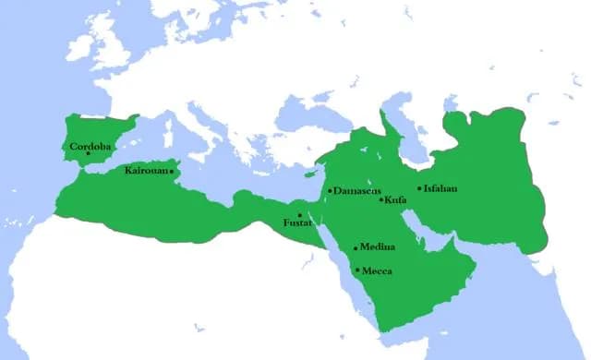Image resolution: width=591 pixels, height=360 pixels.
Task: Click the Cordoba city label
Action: pos(91,146)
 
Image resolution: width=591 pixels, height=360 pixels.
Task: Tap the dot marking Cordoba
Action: pos(89,154)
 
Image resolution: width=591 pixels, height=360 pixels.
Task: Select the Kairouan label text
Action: pos(145,171)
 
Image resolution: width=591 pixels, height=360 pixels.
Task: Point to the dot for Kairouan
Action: pos(171,171)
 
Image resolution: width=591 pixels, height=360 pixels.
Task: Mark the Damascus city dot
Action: pos(330,191)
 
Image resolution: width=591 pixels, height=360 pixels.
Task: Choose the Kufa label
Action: pos(396,199)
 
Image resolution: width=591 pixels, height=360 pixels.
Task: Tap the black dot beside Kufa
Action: pos(381,199)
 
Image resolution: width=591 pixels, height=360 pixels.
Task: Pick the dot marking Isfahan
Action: pos(419,189)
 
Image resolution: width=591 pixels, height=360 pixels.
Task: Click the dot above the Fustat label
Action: pos(300,215)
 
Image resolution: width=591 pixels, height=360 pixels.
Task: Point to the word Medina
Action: pos(378,247)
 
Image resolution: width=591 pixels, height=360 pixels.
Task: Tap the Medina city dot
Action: pos(356,248)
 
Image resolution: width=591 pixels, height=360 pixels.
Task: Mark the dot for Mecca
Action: pos(357,270)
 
